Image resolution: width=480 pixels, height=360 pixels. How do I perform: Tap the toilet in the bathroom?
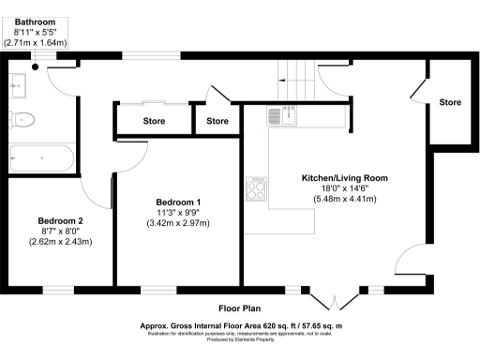25,119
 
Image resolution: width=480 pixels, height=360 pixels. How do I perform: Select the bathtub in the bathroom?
41,157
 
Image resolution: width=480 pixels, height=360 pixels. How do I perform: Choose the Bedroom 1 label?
177,202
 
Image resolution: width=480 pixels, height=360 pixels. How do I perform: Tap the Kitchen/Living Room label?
343,177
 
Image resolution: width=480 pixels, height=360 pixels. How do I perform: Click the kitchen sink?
280,116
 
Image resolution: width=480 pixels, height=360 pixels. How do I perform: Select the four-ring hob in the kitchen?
256,190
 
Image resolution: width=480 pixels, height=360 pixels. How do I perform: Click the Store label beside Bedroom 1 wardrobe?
154,121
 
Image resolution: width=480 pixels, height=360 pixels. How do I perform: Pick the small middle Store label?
217,121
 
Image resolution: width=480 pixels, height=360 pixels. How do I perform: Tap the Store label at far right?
450,102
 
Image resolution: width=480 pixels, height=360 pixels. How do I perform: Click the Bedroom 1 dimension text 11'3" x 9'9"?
177,213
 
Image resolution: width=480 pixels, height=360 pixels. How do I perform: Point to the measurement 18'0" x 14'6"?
343,187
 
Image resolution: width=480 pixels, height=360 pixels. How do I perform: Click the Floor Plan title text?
240,308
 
